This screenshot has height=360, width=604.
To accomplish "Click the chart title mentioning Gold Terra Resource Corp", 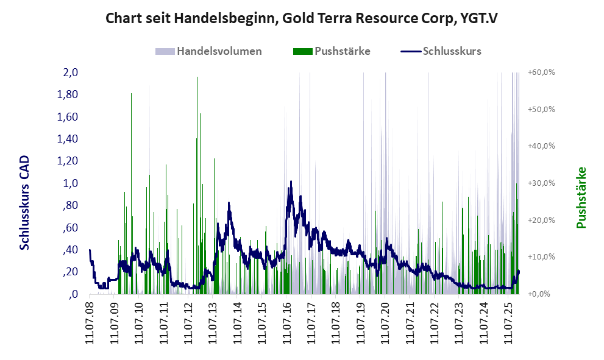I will click(x=302, y=18).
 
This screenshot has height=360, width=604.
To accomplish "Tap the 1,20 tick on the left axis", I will click(x=68, y=161).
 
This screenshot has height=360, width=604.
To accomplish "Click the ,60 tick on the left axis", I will click(x=70, y=228).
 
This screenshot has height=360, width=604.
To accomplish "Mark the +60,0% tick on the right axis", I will click(x=541, y=72).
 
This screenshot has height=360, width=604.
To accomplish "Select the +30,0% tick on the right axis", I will click(x=541, y=183).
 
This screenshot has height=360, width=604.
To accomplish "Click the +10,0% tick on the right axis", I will click(x=541, y=257).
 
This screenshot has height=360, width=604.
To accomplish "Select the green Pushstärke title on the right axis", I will click(x=581, y=198).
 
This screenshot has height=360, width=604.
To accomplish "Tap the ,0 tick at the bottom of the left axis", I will click(x=73, y=294).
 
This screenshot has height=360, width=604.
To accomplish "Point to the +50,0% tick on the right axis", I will click(x=541, y=110).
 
